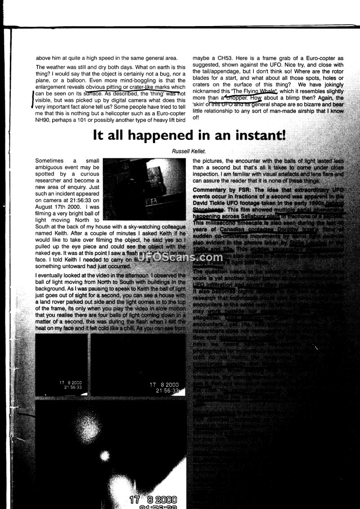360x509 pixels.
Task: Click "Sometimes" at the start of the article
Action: [x=50, y=161]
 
